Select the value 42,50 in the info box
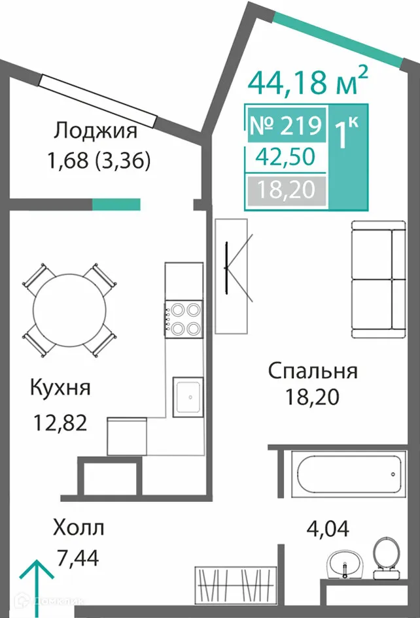click(x=285, y=157)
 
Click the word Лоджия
click(x=96, y=131)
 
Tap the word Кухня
click(x=60, y=387)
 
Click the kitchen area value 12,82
click(x=60, y=423)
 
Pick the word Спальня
click(x=313, y=371)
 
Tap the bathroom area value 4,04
click(x=328, y=527)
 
